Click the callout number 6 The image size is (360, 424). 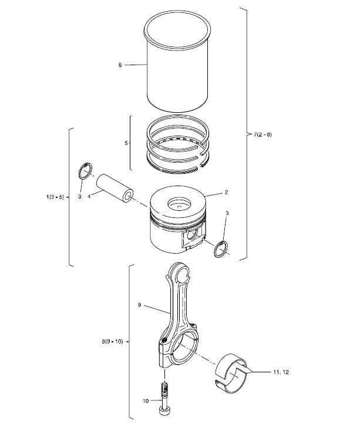click(120, 65)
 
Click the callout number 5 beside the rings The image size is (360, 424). click(125, 142)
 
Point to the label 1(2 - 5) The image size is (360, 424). click(55, 197)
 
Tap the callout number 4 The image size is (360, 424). click(89, 197)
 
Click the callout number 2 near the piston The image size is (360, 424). click(226, 192)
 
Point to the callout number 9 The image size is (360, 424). click(140, 305)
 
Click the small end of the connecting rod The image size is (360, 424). click(179, 274)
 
